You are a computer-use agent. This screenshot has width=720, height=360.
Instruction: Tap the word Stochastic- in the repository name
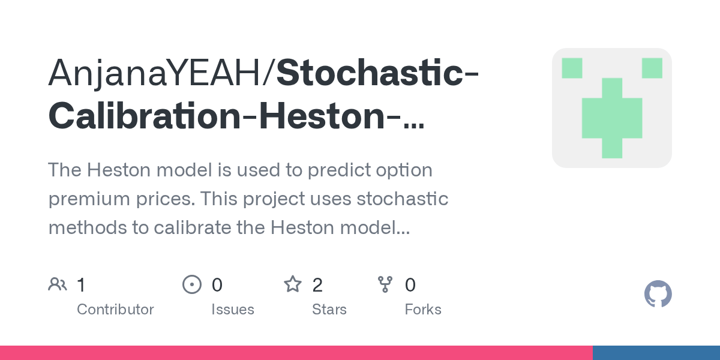coord(377,72)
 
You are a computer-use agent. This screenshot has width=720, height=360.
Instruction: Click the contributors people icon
coord(58,284)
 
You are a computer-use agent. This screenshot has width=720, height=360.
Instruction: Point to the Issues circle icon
coord(191,284)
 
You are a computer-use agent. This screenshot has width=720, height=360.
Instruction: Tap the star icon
coord(292,284)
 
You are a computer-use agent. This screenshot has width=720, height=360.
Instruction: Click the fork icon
coord(385,284)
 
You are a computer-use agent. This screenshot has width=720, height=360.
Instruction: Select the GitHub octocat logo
coord(658,295)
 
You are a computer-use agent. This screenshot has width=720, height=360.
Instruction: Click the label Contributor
coord(115,310)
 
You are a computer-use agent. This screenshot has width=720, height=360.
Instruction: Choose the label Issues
coord(232,310)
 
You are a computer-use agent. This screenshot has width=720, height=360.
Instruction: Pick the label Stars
coord(329,310)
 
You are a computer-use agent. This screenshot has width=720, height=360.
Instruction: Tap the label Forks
coord(422,310)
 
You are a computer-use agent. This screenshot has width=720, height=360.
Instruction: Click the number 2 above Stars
coord(317,285)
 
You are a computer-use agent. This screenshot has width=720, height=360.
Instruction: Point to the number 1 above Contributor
coord(82,285)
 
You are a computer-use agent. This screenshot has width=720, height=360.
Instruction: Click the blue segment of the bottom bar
coord(656,353)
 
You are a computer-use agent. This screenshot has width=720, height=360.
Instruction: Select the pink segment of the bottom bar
coord(296,353)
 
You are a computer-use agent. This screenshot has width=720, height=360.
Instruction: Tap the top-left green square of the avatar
coord(572,68)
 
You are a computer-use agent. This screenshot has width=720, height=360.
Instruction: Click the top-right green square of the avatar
coord(652,68)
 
